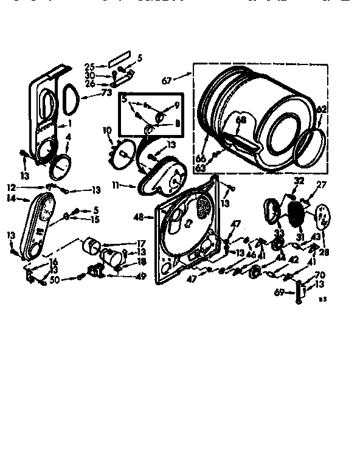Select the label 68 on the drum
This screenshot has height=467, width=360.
pyautogui.click(x=241, y=120)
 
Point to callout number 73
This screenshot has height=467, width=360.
pyautogui.click(x=106, y=93)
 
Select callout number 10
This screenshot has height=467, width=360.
pyautogui.click(x=107, y=130)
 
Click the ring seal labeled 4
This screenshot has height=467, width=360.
pyautogui.click(x=60, y=164)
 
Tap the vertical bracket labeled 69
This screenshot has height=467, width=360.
pyautogui.click(x=298, y=292)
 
